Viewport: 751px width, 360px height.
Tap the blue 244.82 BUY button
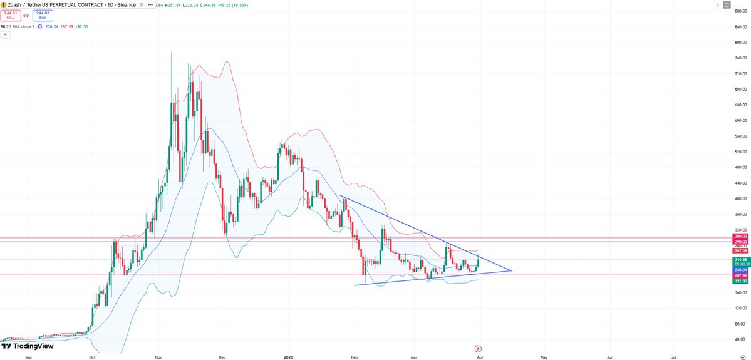43,14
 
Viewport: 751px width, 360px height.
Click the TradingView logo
28,346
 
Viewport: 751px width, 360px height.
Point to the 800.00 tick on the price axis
741,43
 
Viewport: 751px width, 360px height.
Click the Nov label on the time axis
158,356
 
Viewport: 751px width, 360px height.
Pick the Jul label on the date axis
673,356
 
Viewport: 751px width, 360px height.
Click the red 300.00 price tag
741,237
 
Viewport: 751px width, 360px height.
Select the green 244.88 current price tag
741,259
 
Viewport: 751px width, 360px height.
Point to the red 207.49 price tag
741,275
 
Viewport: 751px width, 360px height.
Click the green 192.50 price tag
741,281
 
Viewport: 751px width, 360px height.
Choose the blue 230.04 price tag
741,270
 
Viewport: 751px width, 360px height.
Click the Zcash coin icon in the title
3,4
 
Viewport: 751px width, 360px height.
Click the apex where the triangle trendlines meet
512,270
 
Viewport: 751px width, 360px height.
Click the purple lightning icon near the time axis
478,347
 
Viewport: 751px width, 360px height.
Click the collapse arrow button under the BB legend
5,35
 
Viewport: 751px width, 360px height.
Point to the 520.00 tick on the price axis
741,152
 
